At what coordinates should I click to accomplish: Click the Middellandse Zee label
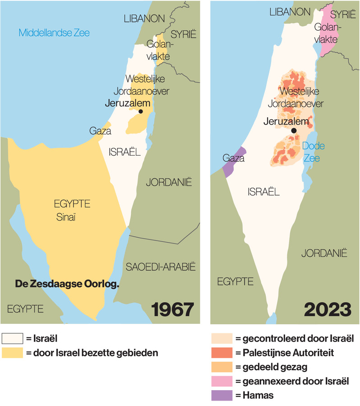point(54,32)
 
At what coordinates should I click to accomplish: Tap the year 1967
point(173,309)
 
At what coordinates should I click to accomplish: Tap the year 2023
point(327,309)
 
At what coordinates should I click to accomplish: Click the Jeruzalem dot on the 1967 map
point(141,111)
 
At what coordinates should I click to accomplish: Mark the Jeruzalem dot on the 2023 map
point(294,130)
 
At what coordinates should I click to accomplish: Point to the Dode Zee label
point(313,152)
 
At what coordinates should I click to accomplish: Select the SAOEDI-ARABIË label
point(161,266)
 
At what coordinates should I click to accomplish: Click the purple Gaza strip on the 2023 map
point(234,161)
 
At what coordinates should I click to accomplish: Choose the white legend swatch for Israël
point(12,338)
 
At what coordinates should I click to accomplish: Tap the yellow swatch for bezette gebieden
point(12,353)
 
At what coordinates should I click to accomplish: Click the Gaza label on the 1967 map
point(100,131)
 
